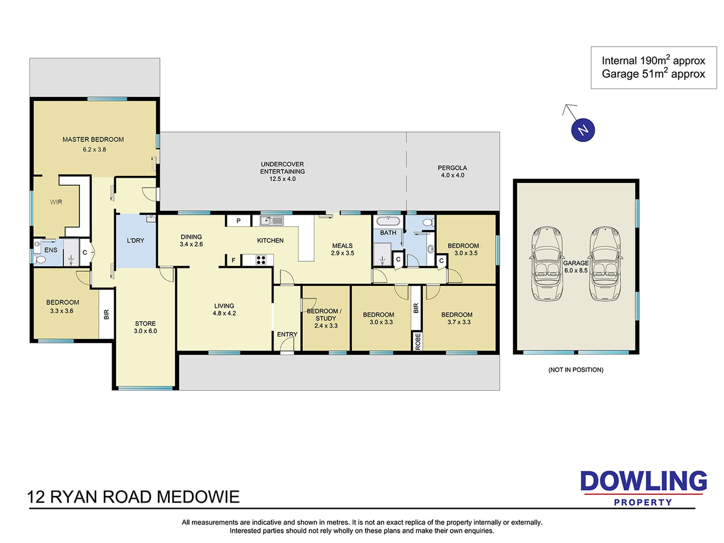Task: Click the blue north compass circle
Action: (583, 130)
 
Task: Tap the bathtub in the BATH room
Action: (388, 221)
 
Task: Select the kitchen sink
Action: (272, 220)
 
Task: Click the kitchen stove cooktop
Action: (261, 260)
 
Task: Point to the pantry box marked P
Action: (239, 221)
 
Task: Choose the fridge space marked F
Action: (234, 260)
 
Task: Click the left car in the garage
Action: (547, 264)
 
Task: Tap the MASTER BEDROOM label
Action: (93, 139)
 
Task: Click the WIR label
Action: (56, 202)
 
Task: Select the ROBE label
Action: (418, 341)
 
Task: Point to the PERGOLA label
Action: (452, 168)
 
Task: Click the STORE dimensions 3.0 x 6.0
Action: (145, 331)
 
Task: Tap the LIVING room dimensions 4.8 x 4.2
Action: (224, 313)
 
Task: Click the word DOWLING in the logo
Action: (644, 481)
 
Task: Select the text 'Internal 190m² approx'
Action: (653, 60)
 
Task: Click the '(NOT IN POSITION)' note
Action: (576, 370)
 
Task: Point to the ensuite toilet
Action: (39, 260)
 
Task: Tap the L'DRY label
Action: (135, 240)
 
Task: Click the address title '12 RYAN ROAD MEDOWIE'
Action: (133, 497)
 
